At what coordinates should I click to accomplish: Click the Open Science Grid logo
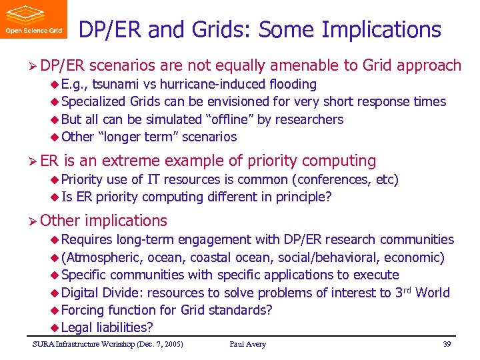tap(33, 19)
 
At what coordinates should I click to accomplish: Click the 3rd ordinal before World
tap(400, 292)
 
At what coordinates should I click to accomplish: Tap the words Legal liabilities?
tap(107, 327)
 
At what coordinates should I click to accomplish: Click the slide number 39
tap(447, 344)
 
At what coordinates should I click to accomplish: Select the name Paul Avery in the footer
tap(247, 344)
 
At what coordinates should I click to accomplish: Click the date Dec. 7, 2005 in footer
tap(158, 344)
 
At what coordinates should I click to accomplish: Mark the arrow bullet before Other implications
tap(33, 221)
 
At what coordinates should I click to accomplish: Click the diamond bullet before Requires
tap(55, 240)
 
